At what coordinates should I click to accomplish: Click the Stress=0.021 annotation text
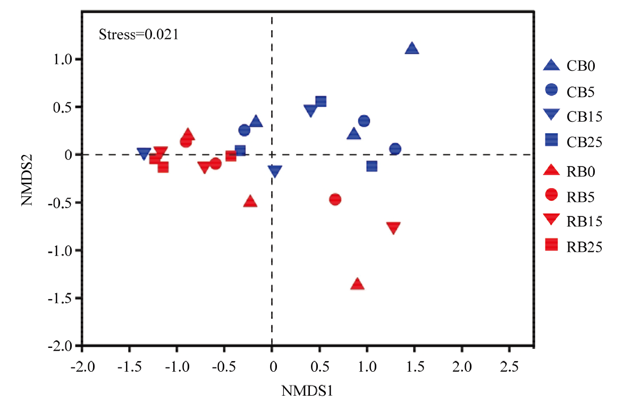(x=138, y=36)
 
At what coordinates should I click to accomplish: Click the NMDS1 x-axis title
(x=307, y=392)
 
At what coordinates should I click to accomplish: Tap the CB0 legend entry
(x=569, y=66)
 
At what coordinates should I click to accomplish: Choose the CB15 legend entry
(x=571, y=115)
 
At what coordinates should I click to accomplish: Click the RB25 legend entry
(x=571, y=245)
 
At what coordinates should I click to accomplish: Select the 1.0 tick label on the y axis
(x=63, y=59)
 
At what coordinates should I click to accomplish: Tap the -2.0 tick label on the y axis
(x=61, y=346)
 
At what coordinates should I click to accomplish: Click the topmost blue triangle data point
(x=412, y=49)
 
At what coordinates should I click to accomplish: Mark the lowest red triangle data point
(x=357, y=284)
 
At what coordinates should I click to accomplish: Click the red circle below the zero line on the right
(x=335, y=200)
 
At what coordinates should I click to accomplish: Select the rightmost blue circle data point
(x=395, y=149)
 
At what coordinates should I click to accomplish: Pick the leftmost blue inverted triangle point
(x=143, y=153)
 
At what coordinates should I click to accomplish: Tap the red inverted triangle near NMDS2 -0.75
(x=393, y=228)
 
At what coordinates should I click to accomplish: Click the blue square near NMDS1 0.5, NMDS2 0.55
(x=321, y=101)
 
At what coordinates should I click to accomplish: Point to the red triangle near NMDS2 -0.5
(x=250, y=202)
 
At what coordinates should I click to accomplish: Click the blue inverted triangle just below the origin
(x=275, y=171)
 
